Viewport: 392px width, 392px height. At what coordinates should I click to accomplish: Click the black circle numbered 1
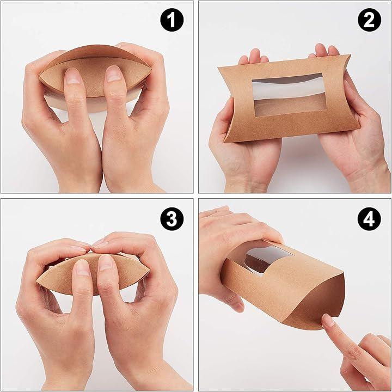click(171, 20)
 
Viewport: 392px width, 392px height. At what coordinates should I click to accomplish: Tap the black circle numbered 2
click(369, 20)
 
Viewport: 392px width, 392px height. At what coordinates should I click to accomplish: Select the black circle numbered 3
click(171, 219)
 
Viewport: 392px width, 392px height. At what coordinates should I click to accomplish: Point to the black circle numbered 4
click(369, 219)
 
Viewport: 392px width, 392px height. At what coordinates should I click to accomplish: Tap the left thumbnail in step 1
click(72, 76)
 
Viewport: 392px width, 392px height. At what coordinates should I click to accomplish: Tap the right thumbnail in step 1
click(113, 73)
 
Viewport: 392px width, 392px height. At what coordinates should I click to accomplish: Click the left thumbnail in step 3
click(82, 267)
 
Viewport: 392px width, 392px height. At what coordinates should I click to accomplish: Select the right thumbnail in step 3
click(105, 262)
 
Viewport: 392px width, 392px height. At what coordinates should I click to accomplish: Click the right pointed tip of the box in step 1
click(151, 68)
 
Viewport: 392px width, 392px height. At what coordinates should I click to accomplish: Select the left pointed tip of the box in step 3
click(36, 282)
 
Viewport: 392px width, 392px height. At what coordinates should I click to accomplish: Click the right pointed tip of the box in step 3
click(150, 271)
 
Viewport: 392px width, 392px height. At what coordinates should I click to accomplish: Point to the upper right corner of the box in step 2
click(350, 55)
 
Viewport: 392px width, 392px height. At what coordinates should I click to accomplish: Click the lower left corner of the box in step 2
click(225, 141)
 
